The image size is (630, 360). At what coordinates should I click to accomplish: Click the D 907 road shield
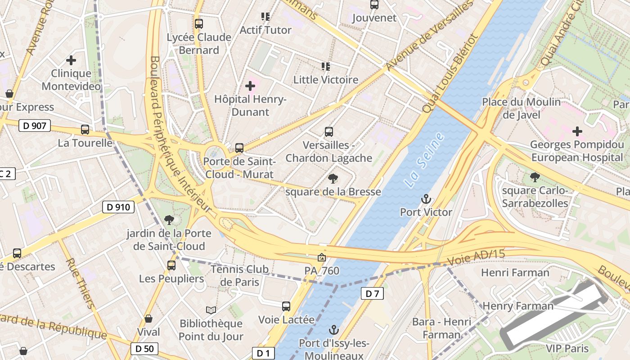tap(35, 126)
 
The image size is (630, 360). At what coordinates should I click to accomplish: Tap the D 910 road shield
tap(118, 207)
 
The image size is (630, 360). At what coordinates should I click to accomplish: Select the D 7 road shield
tap(372, 294)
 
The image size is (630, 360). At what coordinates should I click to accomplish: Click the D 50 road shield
tap(144, 348)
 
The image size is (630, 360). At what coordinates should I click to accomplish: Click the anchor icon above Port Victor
tap(426, 198)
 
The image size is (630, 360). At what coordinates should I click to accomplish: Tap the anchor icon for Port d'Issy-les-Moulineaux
tap(334, 329)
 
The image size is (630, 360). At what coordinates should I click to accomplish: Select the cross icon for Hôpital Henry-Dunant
tap(250, 85)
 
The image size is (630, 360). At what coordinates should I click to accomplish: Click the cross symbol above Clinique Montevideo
tap(71, 60)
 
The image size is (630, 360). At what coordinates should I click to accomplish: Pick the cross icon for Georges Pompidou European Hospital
tap(577, 131)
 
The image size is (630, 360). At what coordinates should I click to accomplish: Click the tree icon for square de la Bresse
tap(333, 179)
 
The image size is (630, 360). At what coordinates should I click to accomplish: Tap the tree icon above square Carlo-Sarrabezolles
tap(535, 177)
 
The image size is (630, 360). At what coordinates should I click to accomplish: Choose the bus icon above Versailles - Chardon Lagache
tap(329, 132)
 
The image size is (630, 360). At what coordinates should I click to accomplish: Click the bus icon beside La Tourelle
tap(85, 130)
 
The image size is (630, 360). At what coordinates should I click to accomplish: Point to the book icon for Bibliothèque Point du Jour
tap(211, 310)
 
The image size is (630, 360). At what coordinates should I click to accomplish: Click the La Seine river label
tap(424, 160)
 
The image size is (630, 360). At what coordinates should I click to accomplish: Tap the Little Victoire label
tap(326, 80)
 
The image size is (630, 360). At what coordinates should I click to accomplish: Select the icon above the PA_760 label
tap(322, 257)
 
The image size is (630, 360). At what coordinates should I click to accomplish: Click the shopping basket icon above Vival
tap(148, 319)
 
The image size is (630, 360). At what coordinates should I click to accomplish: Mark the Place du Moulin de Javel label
tap(522, 108)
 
